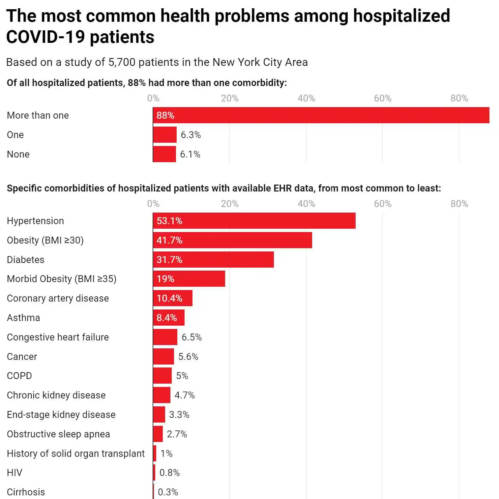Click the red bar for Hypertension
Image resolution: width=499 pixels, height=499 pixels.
254,220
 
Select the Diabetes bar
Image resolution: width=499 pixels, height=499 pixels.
213,259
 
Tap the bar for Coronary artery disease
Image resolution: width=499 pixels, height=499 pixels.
172,298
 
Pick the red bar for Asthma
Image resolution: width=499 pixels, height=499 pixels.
168,317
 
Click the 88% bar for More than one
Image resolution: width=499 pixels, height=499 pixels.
321,115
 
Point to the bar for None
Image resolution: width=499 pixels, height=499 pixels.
164,154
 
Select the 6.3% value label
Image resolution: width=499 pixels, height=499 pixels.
191,135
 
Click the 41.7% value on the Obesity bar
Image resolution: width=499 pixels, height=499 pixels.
169,240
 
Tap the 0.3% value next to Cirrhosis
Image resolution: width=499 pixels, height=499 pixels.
168,492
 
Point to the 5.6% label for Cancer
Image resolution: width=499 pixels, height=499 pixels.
188,356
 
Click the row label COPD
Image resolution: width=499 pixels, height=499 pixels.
19,376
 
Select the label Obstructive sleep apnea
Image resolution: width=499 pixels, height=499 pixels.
58,434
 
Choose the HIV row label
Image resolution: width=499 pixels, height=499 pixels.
15,473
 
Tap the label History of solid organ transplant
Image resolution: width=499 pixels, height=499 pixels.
76,454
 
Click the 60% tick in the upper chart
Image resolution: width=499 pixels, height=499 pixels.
382,98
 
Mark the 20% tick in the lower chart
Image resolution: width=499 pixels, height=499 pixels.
230,204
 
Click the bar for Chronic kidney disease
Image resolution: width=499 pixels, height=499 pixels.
161,395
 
